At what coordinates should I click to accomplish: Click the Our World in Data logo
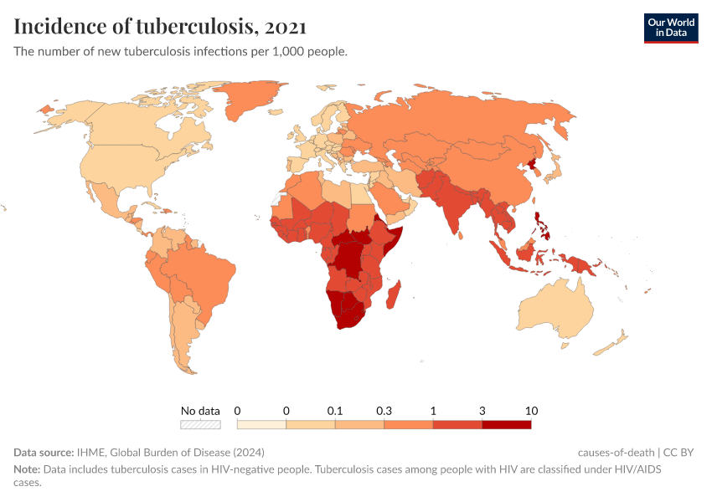(x=670, y=28)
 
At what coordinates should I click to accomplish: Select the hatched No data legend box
(x=200, y=425)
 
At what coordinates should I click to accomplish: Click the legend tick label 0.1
(x=335, y=411)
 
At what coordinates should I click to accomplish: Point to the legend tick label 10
(x=531, y=411)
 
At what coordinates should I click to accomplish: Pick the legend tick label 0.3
(x=384, y=411)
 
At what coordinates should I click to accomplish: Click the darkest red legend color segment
(x=507, y=425)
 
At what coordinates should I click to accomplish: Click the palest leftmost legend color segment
(x=262, y=425)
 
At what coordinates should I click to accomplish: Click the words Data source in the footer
(x=44, y=453)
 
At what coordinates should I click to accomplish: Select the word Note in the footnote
(x=26, y=469)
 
